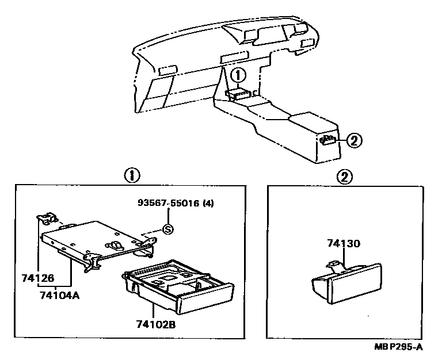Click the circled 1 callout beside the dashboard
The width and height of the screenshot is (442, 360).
[239, 75]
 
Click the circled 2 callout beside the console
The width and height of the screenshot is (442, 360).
[355, 139]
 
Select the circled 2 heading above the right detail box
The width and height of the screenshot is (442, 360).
[345, 177]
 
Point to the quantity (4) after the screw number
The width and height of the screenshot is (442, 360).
[208, 202]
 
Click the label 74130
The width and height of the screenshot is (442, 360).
[344, 244]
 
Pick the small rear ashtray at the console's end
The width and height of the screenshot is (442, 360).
[328, 140]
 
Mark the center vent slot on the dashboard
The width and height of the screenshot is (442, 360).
[233, 57]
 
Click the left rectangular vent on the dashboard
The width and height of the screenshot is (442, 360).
[167, 70]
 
